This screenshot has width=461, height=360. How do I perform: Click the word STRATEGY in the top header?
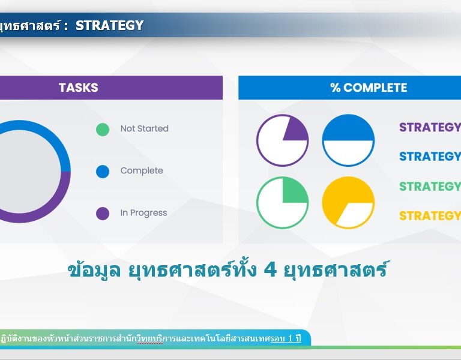click(x=110, y=25)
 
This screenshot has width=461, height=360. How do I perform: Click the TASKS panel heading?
click(x=79, y=88)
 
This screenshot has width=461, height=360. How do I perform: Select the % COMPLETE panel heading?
click(x=369, y=88)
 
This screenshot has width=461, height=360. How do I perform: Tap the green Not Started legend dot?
click(x=103, y=130)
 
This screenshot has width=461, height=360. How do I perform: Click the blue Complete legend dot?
click(x=103, y=172)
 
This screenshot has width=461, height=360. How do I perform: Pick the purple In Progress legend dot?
click(x=103, y=214)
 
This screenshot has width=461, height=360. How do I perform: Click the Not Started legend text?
click(x=144, y=128)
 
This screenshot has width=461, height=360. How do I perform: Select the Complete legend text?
click(x=142, y=171)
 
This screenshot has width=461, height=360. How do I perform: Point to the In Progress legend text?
click(x=144, y=213)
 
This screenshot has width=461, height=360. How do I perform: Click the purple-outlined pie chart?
click(x=283, y=140)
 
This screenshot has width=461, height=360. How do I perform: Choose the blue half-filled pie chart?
click(x=348, y=140)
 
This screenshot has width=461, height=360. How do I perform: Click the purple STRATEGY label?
click(x=430, y=127)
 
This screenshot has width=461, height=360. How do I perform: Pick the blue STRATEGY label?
click(x=430, y=157)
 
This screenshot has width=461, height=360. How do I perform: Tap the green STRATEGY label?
click(x=430, y=187)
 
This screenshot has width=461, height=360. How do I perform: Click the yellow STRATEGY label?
click(x=430, y=216)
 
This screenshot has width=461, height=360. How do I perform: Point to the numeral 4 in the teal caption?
click(x=270, y=270)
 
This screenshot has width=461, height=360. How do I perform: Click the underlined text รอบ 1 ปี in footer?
click(x=286, y=338)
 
